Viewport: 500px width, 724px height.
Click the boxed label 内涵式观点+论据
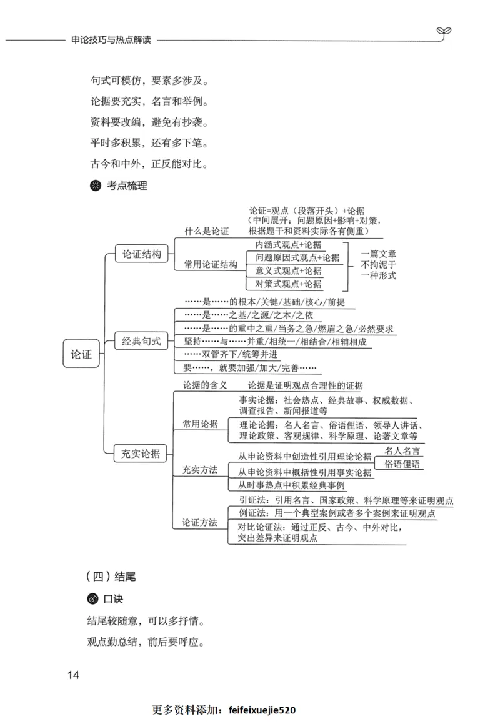click(288, 244)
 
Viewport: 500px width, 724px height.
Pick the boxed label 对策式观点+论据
click(288, 284)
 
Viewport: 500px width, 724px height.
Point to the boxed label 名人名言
click(402, 450)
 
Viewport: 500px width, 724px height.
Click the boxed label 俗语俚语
click(402, 464)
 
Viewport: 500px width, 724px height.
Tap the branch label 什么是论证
click(206, 232)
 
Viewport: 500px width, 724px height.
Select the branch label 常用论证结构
click(211, 264)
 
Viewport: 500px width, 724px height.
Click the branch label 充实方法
click(200, 469)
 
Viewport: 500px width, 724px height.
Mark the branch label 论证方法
click(200, 522)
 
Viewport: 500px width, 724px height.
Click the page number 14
click(73, 675)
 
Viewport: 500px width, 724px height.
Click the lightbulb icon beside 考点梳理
click(95, 186)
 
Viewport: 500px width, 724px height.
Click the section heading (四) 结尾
click(110, 576)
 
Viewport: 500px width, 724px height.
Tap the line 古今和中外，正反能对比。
click(149, 165)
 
